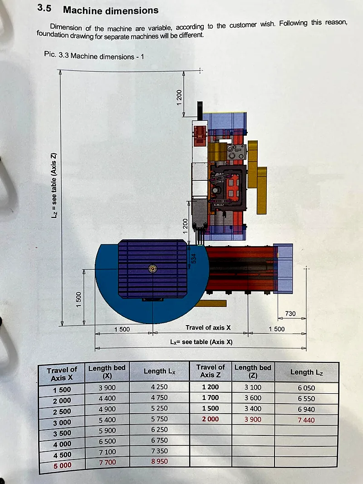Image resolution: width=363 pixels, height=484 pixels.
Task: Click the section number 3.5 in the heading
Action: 44,8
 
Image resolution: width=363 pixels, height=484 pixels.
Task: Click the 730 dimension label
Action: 290,314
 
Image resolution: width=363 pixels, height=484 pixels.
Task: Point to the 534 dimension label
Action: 194,259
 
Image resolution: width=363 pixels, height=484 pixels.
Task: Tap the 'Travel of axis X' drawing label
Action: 208,327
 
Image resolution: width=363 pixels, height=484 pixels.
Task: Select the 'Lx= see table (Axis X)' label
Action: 201,342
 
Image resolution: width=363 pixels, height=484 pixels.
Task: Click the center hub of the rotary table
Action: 152,268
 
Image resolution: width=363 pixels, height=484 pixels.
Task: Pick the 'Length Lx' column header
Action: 159,371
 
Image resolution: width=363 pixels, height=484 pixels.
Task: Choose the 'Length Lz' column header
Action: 306,372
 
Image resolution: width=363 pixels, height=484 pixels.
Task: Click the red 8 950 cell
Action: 159,461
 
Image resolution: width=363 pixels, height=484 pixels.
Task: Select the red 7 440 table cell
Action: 306,420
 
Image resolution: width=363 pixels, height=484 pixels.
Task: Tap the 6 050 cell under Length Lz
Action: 306,388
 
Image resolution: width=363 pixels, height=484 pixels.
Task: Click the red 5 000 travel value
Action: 62,465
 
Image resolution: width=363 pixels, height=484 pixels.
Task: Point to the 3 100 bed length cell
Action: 253,387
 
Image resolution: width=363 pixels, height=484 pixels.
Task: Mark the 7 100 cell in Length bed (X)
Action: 108,452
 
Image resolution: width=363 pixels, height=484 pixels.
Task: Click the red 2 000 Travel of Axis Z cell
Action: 211,419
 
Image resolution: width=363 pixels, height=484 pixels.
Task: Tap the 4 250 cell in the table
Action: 159,387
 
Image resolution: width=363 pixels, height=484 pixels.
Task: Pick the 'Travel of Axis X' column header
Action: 62,374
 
